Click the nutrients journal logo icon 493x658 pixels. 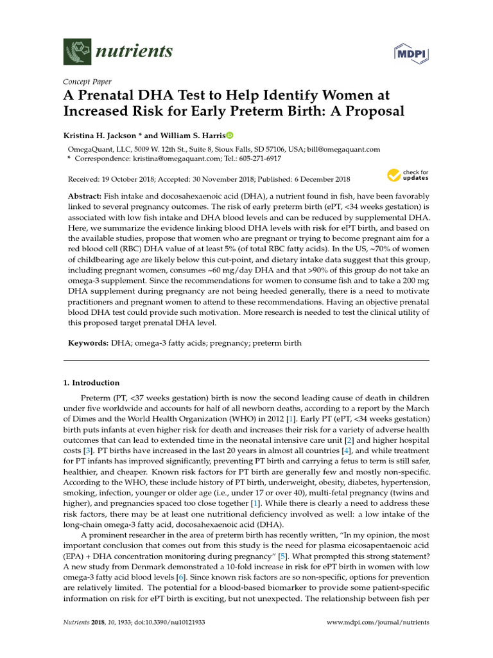click(76, 51)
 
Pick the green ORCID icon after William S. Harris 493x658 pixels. click(230, 136)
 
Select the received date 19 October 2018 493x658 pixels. click(134, 179)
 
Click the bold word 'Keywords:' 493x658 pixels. click(89, 343)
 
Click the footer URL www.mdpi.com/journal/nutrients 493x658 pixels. click(377, 623)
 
